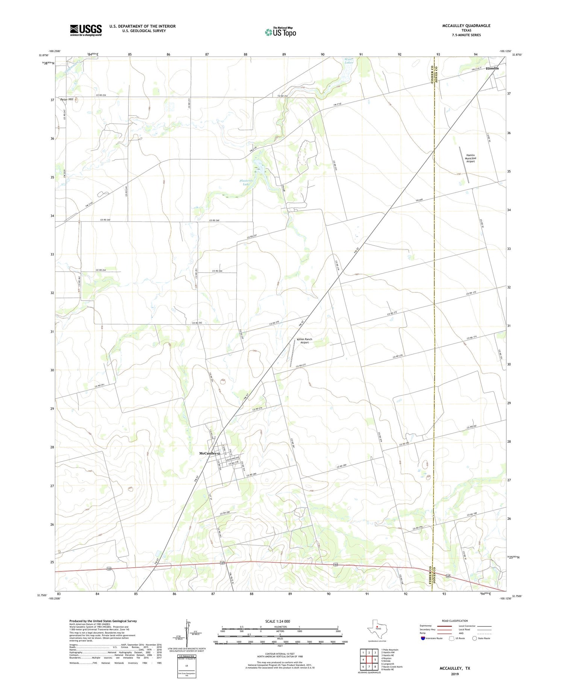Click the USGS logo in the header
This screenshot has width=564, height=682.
(x=86, y=30)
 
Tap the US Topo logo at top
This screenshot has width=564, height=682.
(x=280, y=32)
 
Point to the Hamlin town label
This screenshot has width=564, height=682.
(x=492, y=68)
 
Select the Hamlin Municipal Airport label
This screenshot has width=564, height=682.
(x=470, y=158)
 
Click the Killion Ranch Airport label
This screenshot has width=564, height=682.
(x=304, y=341)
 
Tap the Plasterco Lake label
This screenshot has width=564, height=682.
(x=246, y=182)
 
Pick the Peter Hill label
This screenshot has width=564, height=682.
(x=67, y=99)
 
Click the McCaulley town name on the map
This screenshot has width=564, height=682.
(x=208, y=453)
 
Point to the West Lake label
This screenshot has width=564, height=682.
(x=349, y=61)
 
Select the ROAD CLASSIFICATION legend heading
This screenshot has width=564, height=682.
(x=455, y=621)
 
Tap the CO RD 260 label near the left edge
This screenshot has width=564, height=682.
(x=105, y=220)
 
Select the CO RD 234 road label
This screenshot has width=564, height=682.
(x=101, y=95)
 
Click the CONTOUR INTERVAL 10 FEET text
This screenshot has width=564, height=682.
(x=279, y=654)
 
